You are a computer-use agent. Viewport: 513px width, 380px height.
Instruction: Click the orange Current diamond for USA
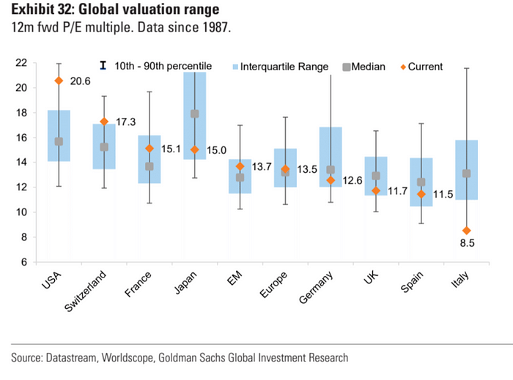click(59, 81)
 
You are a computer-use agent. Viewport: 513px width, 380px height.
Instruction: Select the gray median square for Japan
click(194, 113)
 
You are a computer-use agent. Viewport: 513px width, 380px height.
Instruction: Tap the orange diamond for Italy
click(466, 231)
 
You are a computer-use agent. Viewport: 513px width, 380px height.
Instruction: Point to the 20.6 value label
click(80, 81)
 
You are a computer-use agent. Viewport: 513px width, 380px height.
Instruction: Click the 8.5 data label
click(466, 243)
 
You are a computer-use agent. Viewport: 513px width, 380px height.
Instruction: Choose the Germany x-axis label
click(317, 288)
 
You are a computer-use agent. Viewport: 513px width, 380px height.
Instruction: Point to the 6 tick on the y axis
click(24, 262)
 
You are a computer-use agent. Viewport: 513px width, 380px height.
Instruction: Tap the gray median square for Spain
click(421, 182)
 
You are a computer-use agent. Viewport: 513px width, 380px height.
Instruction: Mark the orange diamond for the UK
click(375, 190)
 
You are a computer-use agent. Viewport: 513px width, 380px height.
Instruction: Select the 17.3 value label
click(126, 122)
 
